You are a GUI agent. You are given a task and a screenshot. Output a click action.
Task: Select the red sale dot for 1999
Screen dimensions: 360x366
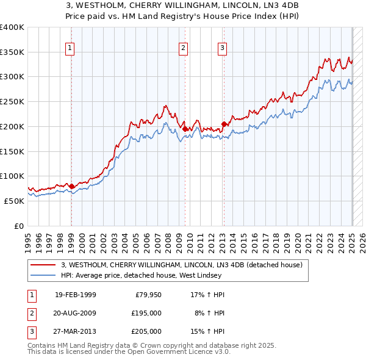click(x=71, y=186)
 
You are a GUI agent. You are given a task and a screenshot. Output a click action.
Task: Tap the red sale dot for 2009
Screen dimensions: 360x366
click(x=185, y=129)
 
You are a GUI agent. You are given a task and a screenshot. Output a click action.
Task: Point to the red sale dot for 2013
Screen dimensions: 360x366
click(x=224, y=124)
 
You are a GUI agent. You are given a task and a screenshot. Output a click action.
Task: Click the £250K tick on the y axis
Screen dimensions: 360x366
click(x=12, y=101)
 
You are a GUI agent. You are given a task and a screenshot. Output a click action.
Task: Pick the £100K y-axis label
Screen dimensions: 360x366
click(x=12, y=176)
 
